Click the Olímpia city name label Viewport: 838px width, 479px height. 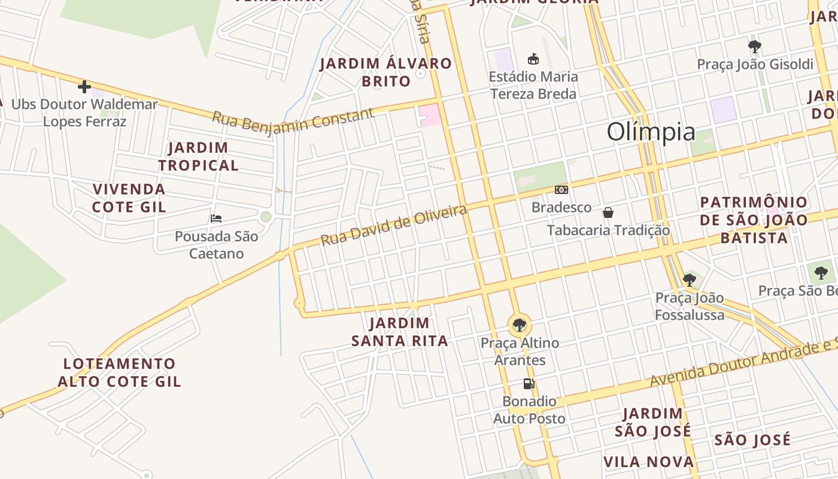pos(651,132)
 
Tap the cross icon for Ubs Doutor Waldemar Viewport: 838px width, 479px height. pos(84,87)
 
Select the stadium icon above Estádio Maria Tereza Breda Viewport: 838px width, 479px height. pos(533,59)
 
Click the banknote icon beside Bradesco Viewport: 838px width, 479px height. pos(561,190)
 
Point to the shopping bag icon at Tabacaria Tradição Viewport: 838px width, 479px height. pos(608,213)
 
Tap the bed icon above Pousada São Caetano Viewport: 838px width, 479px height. pos(216,219)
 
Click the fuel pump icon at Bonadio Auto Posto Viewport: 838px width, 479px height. pos(529,384)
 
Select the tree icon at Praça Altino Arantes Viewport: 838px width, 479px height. pos(520,325)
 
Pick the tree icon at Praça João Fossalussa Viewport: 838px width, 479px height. pos(689,280)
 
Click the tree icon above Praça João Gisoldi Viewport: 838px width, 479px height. pos(755,46)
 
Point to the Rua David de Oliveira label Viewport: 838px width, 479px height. pos(393,225)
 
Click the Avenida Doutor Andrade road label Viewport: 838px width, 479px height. pos(742,363)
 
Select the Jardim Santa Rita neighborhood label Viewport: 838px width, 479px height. pos(399,332)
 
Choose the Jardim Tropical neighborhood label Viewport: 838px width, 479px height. pos(198,156)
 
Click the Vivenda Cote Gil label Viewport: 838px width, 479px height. pos(129,198)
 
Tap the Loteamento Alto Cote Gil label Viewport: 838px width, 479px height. pos(119,372)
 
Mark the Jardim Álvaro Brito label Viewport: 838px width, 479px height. pos(386,72)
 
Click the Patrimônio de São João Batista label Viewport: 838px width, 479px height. pos(754,220)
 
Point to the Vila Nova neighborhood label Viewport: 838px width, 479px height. pos(648,462)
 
